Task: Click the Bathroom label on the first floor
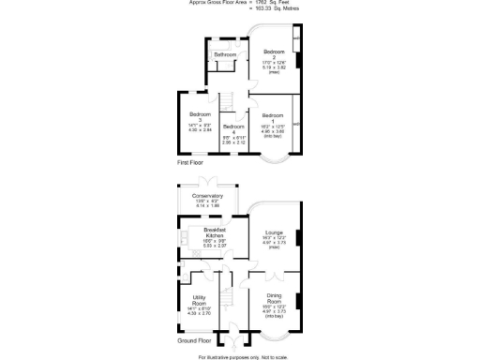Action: [225, 55]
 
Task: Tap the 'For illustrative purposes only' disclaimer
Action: [239, 356]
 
